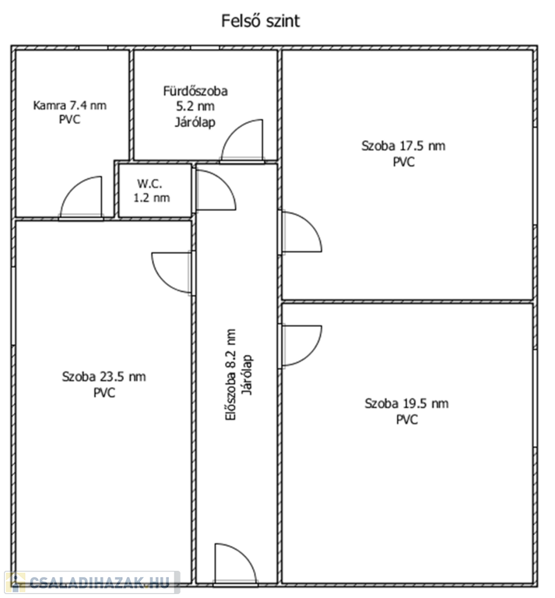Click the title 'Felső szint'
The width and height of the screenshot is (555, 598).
pyautogui.click(x=261, y=21)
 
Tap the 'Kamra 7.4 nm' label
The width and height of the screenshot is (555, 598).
pyautogui.click(x=70, y=105)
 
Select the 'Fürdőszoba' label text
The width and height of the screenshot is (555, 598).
pyautogui.click(x=195, y=91)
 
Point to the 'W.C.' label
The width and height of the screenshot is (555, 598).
pyautogui.click(x=149, y=184)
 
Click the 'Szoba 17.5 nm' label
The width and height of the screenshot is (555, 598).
pyautogui.click(x=403, y=146)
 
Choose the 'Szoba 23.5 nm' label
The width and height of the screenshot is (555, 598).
pyautogui.click(x=104, y=377)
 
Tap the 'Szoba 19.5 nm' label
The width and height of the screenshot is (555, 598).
pyautogui.click(x=407, y=403)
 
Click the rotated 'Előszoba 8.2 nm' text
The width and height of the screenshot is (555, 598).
pyautogui.click(x=230, y=375)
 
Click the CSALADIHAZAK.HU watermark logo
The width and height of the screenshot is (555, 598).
pyautogui.click(x=92, y=582)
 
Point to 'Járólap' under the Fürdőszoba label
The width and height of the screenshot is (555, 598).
pyautogui.click(x=195, y=122)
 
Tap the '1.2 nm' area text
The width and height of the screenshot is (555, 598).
pyautogui.click(x=152, y=198)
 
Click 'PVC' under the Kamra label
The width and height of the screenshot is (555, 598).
pyautogui.click(x=70, y=119)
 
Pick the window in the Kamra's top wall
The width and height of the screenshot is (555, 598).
pyautogui.click(x=93, y=47)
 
